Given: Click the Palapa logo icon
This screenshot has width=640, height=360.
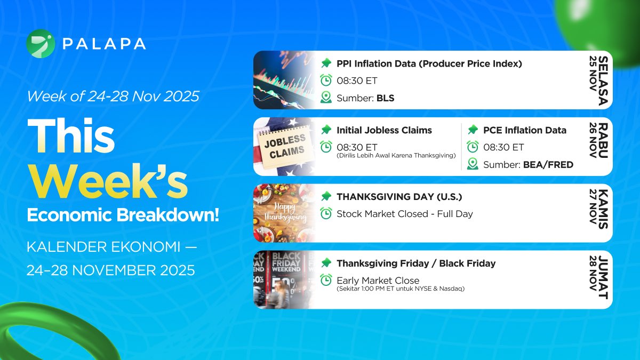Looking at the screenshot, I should click(x=41, y=44).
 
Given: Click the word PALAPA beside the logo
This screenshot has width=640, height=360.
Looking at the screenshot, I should click(x=103, y=44).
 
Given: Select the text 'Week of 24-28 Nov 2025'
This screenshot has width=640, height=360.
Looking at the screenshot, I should click(x=113, y=97).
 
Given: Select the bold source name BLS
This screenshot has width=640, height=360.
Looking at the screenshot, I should click(x=385, y=98).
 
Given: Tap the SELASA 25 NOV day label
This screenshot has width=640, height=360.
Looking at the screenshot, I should click(x=598, y=80).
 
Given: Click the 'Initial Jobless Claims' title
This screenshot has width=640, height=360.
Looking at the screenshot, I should click(x=384, y=130).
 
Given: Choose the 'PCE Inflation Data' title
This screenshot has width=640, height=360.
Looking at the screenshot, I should click(x=525, y=130).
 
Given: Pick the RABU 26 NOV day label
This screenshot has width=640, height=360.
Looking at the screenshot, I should click(x=598, y=147).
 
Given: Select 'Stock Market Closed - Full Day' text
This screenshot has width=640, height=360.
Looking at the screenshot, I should click(x=404, y=214).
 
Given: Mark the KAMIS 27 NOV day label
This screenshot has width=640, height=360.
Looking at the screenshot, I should click(x=598, y=213).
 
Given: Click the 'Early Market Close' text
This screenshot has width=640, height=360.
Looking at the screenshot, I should click(x=378, y=281).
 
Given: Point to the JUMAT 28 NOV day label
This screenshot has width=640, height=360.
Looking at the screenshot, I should click(x=598, y=279).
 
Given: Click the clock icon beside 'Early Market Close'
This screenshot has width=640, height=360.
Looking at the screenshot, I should click(x=326, y=280).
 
